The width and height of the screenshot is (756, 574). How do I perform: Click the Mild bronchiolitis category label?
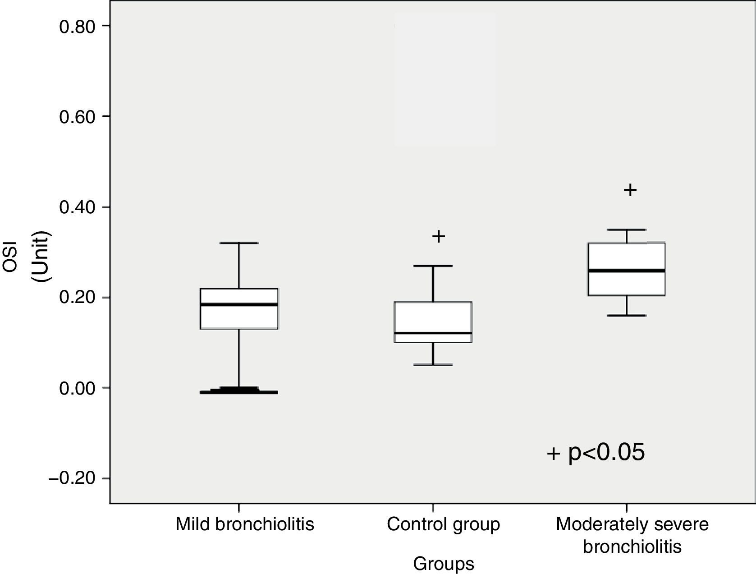(244, 524)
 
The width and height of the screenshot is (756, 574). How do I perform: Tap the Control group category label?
(443, 524)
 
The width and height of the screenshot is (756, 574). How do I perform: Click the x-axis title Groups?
(444, 564)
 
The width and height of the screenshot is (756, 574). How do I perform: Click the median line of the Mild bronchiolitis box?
(238, 305)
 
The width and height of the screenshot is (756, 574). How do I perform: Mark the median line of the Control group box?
(433, 333)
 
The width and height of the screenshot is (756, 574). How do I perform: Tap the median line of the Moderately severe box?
(627, 271)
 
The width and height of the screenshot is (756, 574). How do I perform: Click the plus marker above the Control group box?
(439, 236)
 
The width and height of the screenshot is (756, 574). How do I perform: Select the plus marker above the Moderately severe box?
(630, 190)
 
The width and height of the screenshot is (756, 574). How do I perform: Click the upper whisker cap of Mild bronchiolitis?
(238, 243)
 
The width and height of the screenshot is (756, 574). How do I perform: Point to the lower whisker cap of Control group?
(433, 364)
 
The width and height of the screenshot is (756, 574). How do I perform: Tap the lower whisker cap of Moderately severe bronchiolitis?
(627, 315)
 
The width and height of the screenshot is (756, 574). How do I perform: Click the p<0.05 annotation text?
(606, 452)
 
